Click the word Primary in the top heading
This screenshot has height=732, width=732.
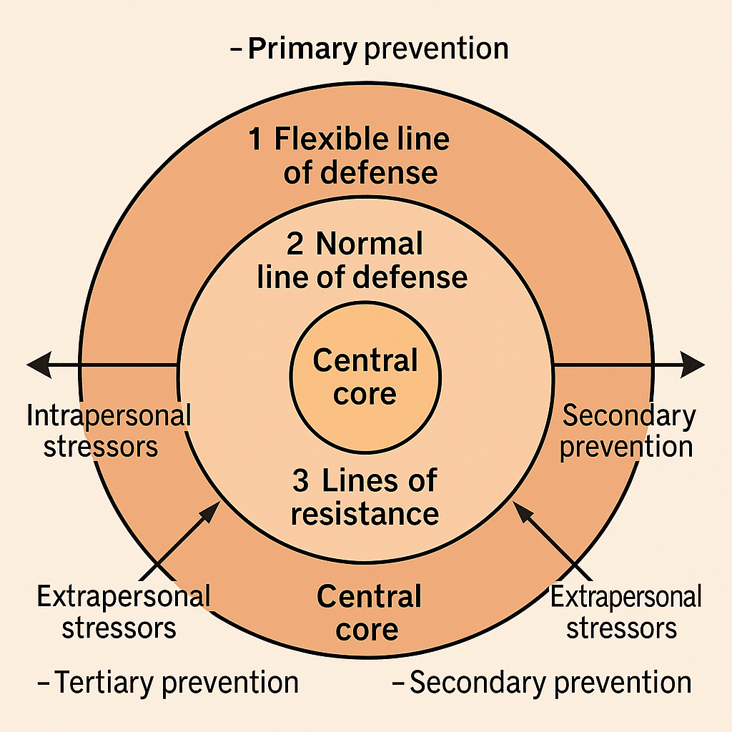tap(301, 49)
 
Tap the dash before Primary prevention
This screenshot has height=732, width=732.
tap(237, 50)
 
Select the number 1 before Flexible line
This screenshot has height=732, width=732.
tap(255, 139)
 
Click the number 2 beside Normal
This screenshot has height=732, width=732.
tap(295, 244)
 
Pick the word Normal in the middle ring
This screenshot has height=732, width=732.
tap(369, 244)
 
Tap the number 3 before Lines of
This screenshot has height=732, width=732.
tap(301, 481)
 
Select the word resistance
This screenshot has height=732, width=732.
tap(365, 513)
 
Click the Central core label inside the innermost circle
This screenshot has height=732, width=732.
tap(365, 377)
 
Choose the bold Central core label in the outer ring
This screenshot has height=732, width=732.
tap(368, 613)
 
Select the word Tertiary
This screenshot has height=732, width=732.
tap(104, 683)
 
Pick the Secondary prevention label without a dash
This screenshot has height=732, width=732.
tap(626, 431)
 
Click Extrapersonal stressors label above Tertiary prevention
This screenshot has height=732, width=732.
tap(123, 612)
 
